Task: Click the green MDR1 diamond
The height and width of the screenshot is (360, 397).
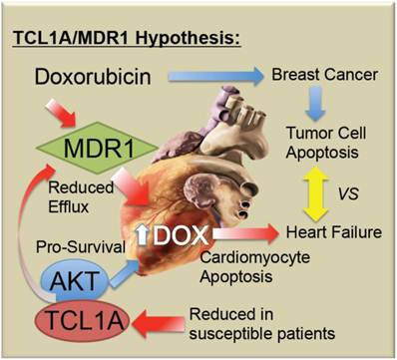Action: tap(97, 148)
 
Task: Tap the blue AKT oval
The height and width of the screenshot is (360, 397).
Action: tap(75, 282)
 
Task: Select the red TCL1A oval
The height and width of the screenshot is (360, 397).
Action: tap(82, 321)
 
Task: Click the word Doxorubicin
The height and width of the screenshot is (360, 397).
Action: tap(93, 77)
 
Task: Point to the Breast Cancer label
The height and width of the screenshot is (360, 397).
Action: tap(324, 75)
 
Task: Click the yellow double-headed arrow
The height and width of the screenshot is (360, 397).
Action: tap(315, 193)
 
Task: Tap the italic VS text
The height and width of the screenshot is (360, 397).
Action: tap(348, 193)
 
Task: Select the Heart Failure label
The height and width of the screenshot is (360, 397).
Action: tap(334, 232)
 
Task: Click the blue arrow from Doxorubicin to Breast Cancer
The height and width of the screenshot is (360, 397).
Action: tap(215, 77)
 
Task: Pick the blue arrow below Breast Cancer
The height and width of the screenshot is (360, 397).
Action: tap(315, 104)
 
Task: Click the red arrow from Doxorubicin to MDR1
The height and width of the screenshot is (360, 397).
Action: tap(61, 113)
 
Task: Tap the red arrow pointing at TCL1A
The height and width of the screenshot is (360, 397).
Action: tap(159, 323)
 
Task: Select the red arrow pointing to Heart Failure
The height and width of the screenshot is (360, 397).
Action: tap(245, 233)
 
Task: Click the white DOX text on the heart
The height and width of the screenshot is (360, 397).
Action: tap(181, 235)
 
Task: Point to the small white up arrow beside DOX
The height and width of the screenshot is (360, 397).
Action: tap(143, 234)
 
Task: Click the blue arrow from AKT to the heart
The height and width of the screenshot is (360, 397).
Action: tap(123, 273)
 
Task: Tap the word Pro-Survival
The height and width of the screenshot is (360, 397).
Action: tap(81, 247)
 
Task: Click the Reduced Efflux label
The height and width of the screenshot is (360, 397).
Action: tap(81, 197)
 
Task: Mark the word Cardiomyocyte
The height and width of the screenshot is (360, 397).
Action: tap(255, 258)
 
